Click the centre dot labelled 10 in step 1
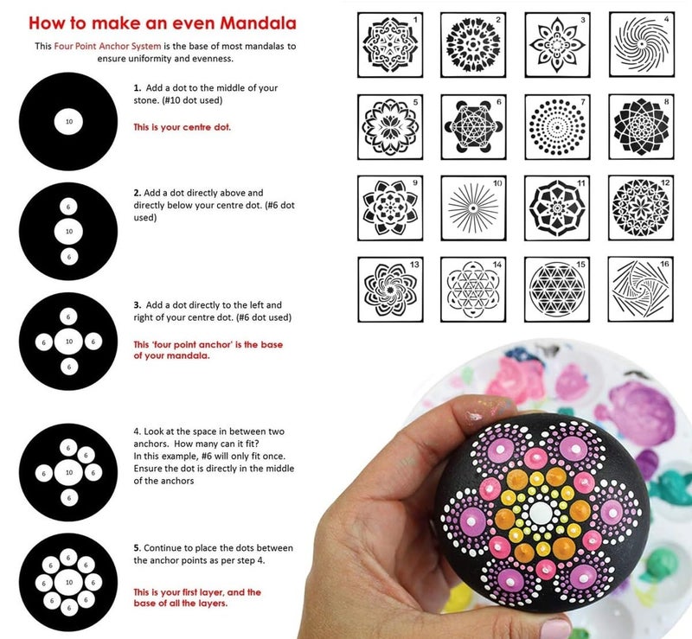click(68, 122)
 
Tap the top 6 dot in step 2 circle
click(68, 208)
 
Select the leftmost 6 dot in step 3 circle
click(43, 342)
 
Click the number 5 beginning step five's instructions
click(136, 548)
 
